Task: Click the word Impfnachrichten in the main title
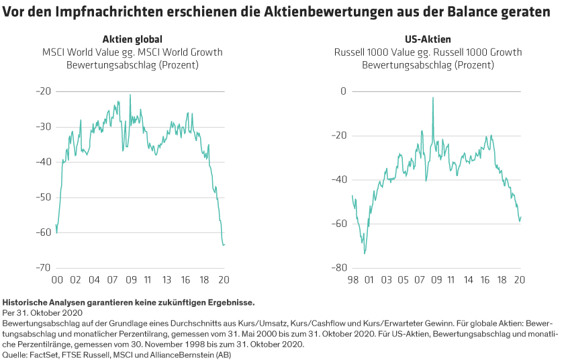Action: click(100, 13)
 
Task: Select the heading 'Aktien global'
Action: click(132, 40)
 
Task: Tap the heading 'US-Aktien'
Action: click(428, 40)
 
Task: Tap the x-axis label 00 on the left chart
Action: click(57, 280)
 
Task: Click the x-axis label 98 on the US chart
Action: click(352, 280)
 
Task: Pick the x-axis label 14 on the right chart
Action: click(469, 280)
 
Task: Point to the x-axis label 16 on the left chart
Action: click(186, 280)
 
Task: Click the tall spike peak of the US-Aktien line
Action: click(433, 97)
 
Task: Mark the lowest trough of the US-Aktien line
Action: click(365, 253)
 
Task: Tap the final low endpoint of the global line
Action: click(224, 244)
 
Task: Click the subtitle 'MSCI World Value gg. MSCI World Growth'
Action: click(132, 52)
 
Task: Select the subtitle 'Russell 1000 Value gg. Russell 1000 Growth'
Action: click(428, 52)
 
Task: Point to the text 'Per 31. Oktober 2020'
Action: click(42, 313)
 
